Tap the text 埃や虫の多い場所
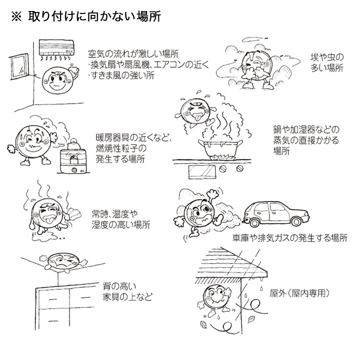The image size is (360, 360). (326, 63)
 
